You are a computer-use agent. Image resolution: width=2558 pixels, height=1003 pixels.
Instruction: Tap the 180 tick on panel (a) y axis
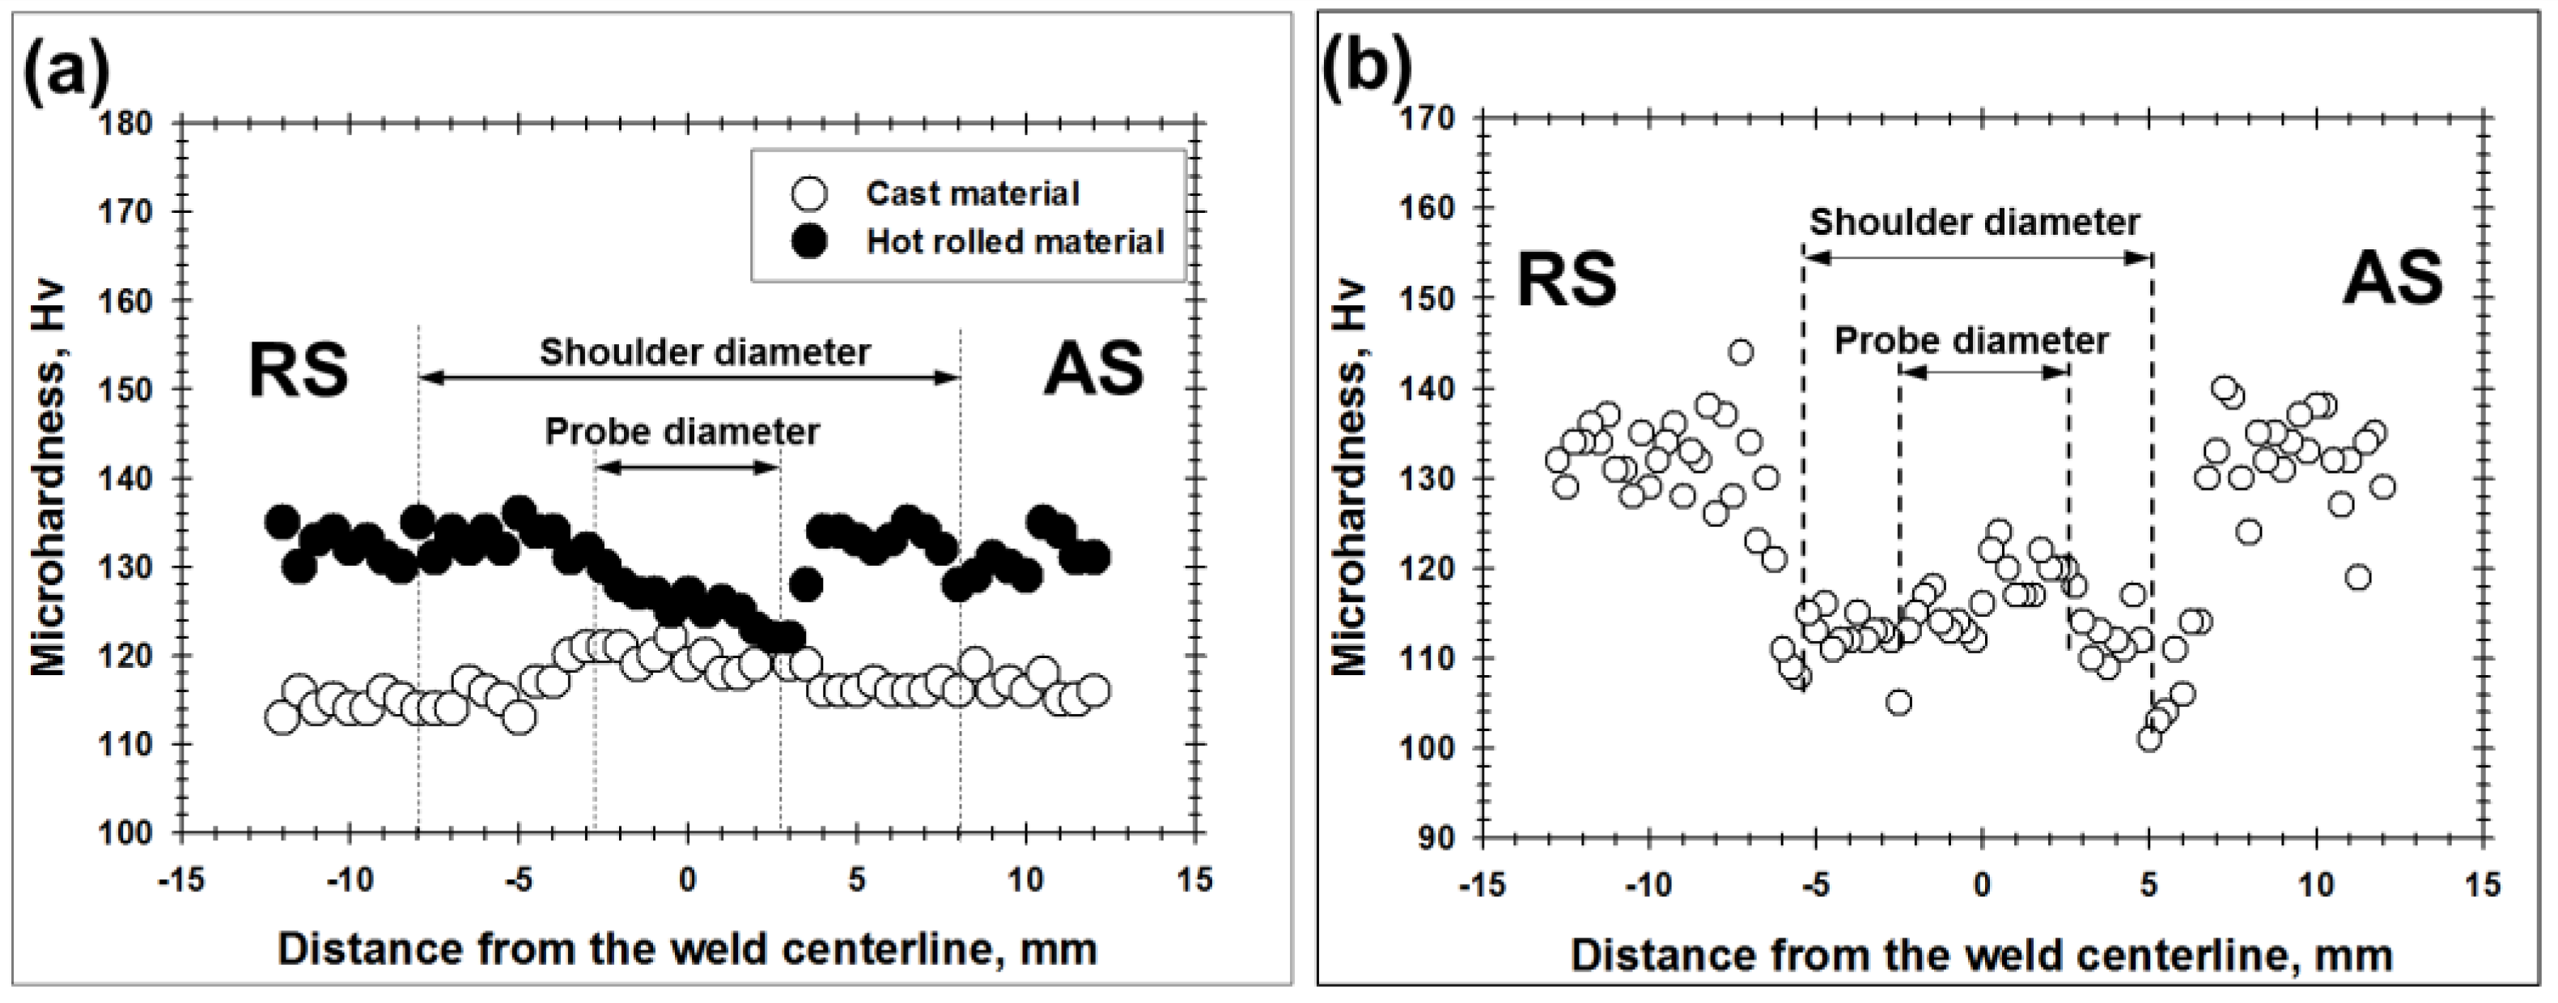(126, 124)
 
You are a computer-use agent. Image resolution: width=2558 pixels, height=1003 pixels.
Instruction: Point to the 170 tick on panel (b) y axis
(1427, 118)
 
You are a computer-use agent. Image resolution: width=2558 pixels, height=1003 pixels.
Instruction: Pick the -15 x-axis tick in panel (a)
(180, 881)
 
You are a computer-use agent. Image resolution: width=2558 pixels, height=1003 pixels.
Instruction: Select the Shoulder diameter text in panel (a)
(705, 351)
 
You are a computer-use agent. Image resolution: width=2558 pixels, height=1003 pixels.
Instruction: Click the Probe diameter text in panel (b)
(1971, 341)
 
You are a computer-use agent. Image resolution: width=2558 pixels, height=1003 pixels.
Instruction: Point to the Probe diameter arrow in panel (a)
(687, 467)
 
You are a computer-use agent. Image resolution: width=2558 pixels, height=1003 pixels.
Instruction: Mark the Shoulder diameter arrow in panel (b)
(1977, 257)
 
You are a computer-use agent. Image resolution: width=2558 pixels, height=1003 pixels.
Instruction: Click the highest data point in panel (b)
(1741, 351)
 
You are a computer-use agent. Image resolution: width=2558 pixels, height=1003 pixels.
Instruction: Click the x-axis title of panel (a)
(687, 950)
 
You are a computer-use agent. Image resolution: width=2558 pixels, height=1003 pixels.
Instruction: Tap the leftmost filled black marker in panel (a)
(282, 521)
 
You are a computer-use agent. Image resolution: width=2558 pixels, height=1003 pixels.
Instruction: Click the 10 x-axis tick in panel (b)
(2317, 884)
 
